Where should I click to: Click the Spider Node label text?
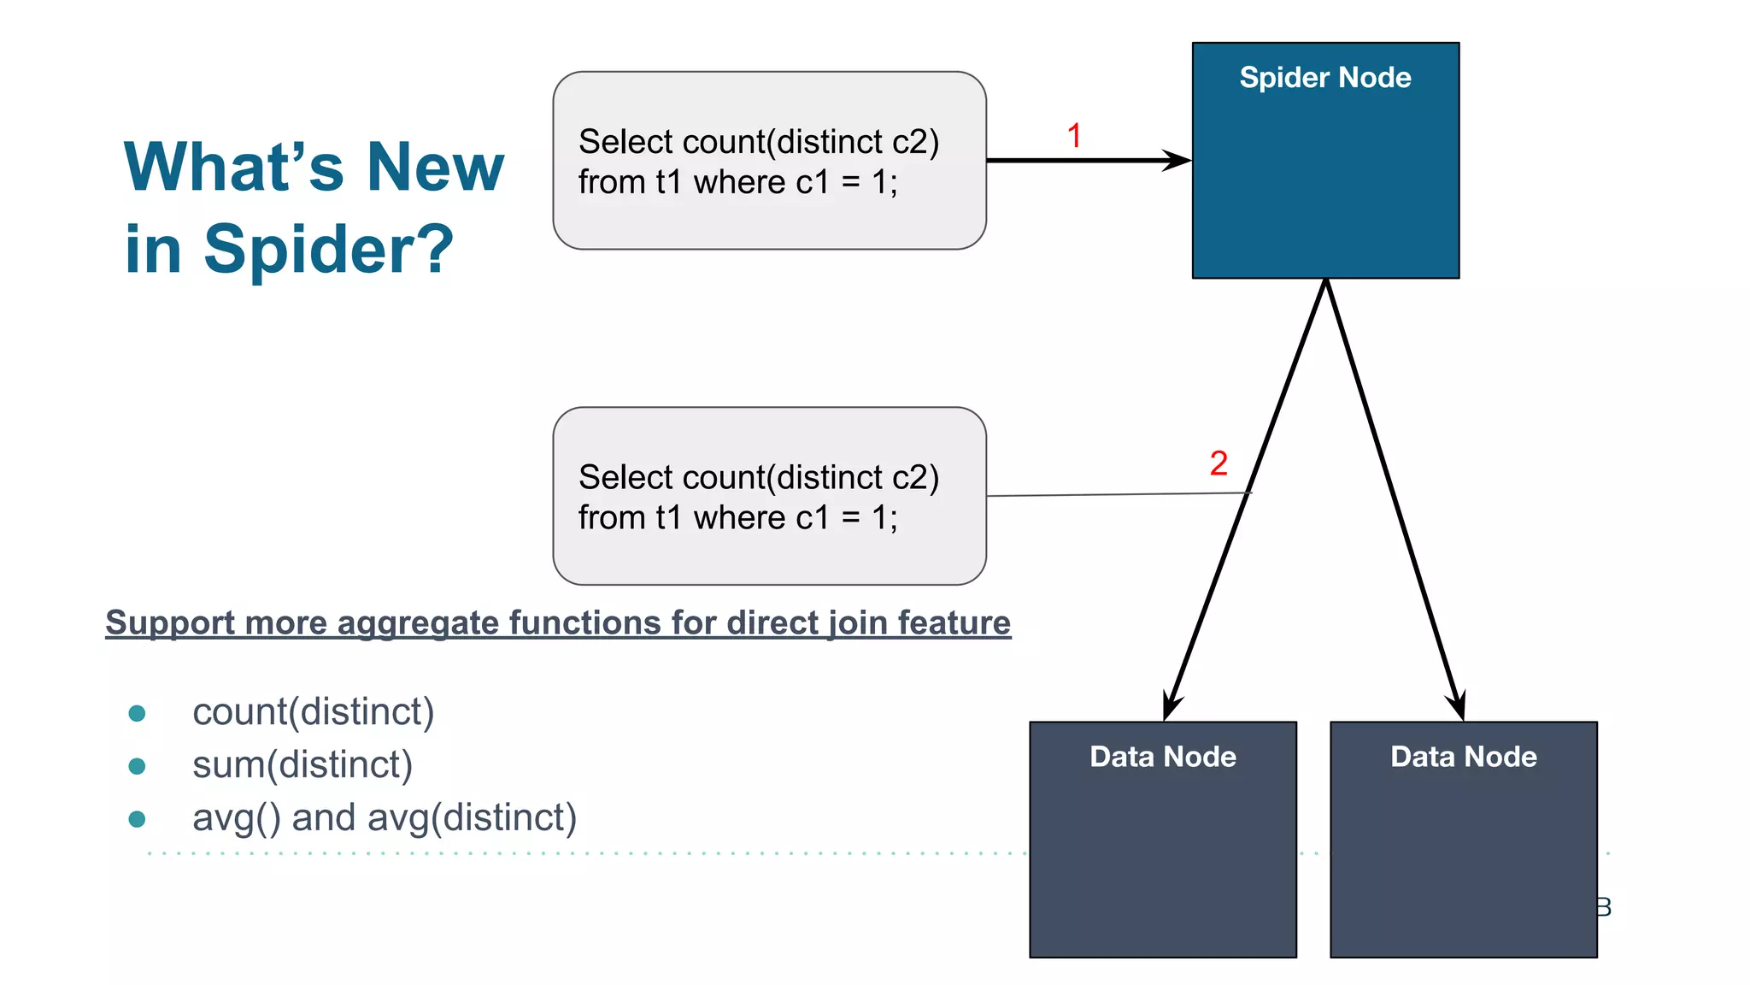tap(1324, 78)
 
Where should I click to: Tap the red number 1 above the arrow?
tap(1074, 136)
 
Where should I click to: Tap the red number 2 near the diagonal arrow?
tap(1219, 463)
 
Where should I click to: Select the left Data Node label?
tap(1162, 757)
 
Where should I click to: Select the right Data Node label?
tap(1463, 757)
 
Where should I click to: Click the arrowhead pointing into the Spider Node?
tap(1179, 160)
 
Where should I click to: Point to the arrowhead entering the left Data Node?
tap(1171, 708)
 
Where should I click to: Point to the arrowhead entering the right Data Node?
tap(1457, 708)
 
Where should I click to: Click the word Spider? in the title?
tap(328, 250)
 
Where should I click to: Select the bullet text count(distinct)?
tap(313, 711)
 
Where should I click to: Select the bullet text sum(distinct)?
tap(302, 764)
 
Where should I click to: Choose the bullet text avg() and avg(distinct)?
tap(385, 817)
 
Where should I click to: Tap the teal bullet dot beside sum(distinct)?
tap(137, 765)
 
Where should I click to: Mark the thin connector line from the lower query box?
tap(1111, 494)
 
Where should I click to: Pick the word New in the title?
tap(435, 167)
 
